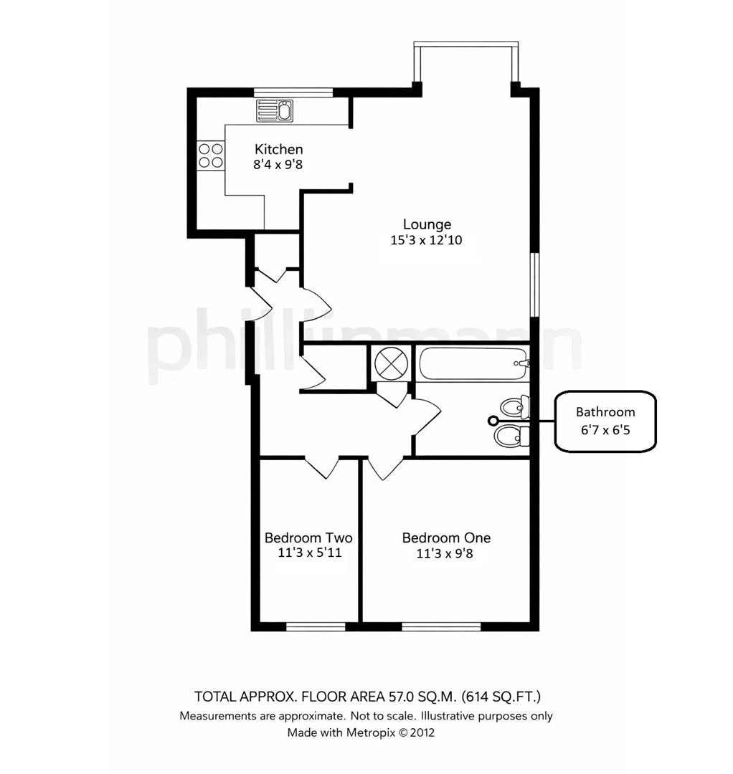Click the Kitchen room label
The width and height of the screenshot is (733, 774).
pyautogui.click(x=279, y=149)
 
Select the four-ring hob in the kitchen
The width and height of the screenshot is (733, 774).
pyautogui.click(x=211, y=156)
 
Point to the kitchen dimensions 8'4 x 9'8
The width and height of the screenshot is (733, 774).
pyautogui.click(x=279, y=165)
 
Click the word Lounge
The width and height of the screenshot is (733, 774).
pyautogui.click(x=426, y=224)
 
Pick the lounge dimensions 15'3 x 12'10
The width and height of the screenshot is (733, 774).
pyautogui.click(x=426, y=241)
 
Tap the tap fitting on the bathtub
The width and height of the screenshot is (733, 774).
pyautogui.click(x=523, y=364)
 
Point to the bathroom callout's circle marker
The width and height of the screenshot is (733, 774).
pyautogui.click(x=493, y=421)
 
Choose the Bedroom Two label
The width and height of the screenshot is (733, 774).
pyautogui.click(x=308, y=537)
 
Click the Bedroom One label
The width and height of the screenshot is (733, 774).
pyautogui.click(x=446, y=537)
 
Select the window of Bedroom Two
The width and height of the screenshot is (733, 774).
pyautogui.click(x=316, y=626)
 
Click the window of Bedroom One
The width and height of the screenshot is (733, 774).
pyautogui.click(x=440, y=626)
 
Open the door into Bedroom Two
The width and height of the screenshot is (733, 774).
pyautogui.click(x=321, y=467)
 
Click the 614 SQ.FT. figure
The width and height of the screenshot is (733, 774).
pyautogui.click(x=502, y=696)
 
